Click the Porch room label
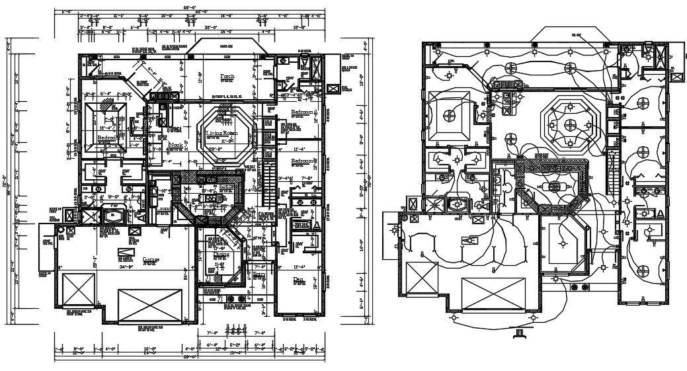(x=227, y=77)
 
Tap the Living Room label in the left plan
(x=222, y=134)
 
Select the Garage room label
(x=150, y=260)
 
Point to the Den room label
(x=298, y=280)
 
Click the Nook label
(x=175, y=145)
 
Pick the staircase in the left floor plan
(x=269, y=185)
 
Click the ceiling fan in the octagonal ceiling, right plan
(x=570, y=124)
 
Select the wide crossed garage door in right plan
(x=495, y=294)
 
